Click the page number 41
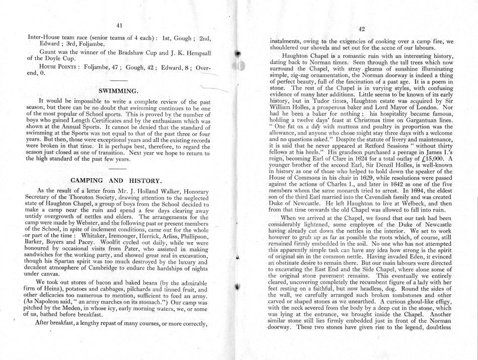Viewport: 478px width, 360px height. coord(119,26)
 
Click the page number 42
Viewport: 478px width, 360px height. coord(361,29)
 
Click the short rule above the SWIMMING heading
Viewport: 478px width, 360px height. coord(119,81)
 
